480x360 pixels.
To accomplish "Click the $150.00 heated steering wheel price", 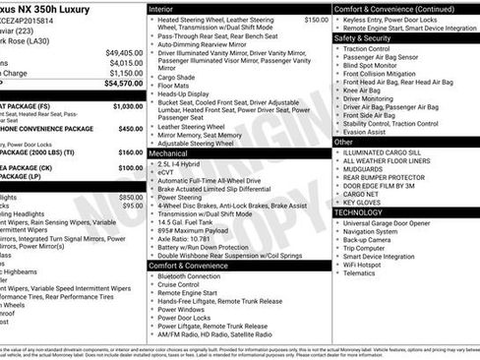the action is point(317,19).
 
